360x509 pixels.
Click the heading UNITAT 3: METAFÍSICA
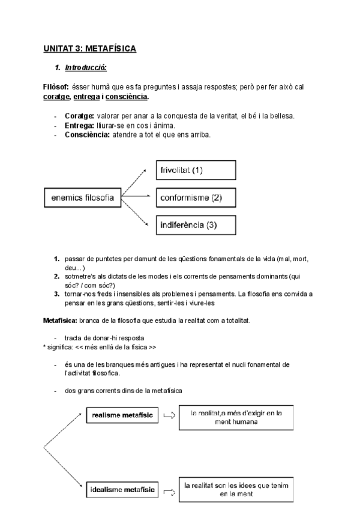point(90,49)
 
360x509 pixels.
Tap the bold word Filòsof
point(56,87)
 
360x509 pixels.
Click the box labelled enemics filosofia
point(83,196)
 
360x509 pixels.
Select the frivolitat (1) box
point(196,170)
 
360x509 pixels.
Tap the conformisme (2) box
point(196,197)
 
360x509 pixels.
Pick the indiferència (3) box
point(196,225)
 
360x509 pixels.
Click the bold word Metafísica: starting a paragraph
point(60,321)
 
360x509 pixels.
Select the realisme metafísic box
point(122,415)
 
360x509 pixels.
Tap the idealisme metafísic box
point(122,490)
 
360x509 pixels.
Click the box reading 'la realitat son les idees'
point(236,489)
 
